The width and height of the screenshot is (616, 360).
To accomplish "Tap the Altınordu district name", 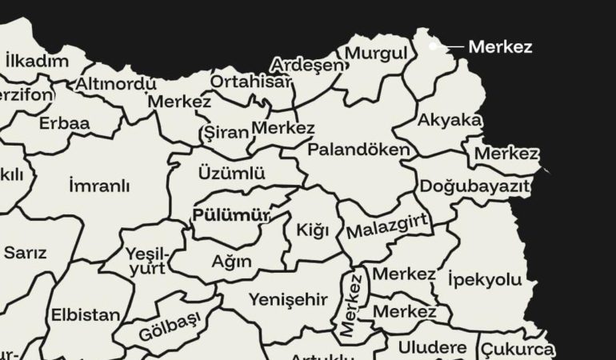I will (x=116, y=83).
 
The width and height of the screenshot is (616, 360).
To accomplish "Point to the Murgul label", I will (x=376, y=53).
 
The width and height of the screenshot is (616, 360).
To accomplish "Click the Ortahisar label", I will (x=251, y=81).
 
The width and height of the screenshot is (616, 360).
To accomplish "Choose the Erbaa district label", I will (x=64, y=124).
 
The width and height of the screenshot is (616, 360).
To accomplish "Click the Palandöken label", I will (x=358, y=149).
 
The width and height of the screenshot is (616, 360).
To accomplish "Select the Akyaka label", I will (x=450, y=120).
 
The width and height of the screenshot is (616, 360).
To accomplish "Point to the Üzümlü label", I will (x=231, y=173).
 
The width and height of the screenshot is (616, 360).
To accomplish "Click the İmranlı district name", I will (x=99, y=186).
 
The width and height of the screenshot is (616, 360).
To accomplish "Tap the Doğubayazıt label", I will (x=475, y=186).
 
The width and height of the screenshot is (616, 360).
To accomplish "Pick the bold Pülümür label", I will (x=231, y=215).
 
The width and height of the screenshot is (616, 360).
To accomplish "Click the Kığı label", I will (x=313, y=231).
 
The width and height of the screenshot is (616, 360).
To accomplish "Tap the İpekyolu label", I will (x=485, y=280).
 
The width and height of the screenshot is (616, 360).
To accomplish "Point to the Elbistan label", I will (x=86, y=314).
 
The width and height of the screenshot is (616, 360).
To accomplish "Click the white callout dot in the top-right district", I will (x=433, y=46).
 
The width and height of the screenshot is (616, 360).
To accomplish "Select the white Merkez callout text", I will (x=500, y=47).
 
